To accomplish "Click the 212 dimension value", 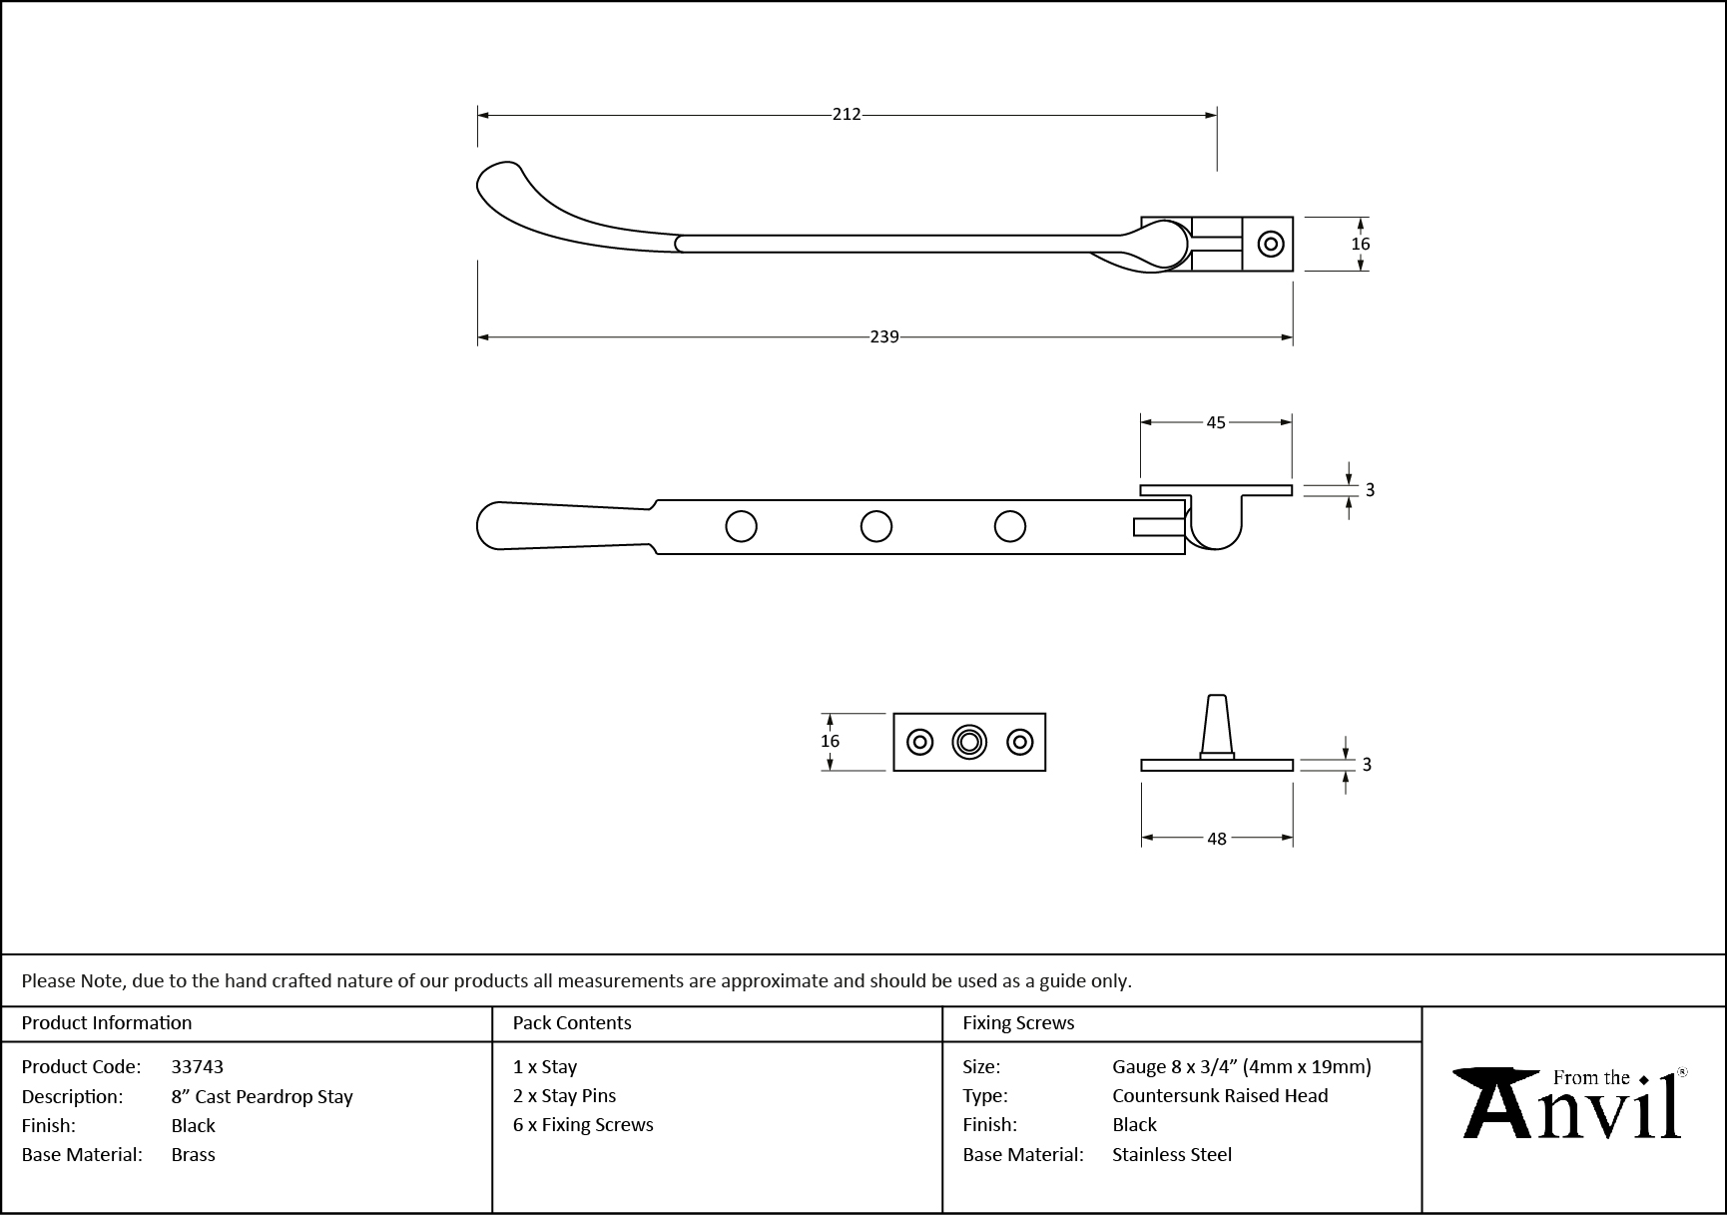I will click(847, 115).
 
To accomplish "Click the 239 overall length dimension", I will click(884, 337).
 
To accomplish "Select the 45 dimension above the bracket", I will click(1216, 422).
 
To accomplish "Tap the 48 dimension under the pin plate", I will click(1217, 839).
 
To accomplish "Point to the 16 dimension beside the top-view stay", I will click(1361, 244).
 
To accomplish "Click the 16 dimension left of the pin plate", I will click(831, 741).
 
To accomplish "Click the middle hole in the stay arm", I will click(876, 526).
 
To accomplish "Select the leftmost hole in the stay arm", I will click(741, 526).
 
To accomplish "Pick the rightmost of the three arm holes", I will click(1010, 526).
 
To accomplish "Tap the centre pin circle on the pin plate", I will click(969, 742).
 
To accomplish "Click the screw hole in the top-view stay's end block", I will click(1271, 244).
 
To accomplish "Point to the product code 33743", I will click(198, 1066).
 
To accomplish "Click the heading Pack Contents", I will click(572, 1022).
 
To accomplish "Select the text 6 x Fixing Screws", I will click(583, 1124).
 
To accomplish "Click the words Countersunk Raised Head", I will click(1220, 1095).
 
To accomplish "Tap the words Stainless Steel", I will click(1172, 1154).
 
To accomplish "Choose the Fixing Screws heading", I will click(1018, 1022).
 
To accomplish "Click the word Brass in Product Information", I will click(194, 1154).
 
